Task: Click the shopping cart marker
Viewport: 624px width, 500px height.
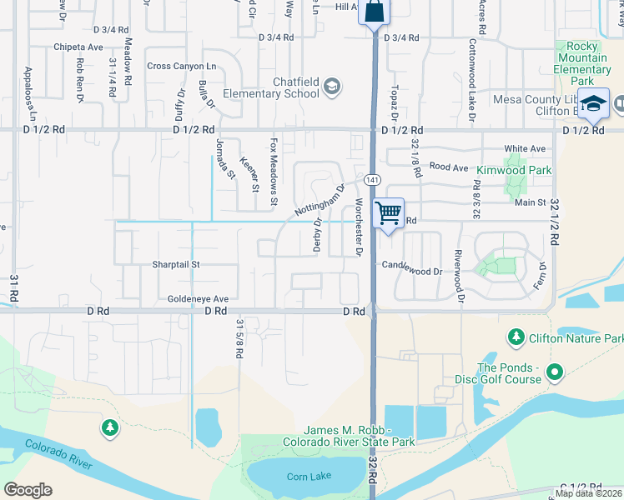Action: (389, 213)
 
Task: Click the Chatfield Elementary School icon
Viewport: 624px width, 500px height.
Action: (332, 87)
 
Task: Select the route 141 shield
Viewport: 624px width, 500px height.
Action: (372, 180)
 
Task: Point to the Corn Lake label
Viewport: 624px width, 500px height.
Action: (309, 476)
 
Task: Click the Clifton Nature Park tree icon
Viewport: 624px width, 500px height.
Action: (516, 337)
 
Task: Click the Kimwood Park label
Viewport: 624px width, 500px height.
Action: (513, 170)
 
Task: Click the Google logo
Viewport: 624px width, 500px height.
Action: (28, 490)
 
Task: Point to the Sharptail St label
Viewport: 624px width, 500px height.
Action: (176, 264)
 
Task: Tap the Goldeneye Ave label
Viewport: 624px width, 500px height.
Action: (198, 298)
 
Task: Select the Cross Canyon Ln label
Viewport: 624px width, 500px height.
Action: (181, 66)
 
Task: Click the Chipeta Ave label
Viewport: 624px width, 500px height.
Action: (78, 47)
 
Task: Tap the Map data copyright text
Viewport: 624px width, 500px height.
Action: (589, 493)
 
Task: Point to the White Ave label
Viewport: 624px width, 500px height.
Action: (525, 148)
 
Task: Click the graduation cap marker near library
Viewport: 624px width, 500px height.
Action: (593, 104)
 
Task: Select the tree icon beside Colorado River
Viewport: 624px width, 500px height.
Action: (109, 427)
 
